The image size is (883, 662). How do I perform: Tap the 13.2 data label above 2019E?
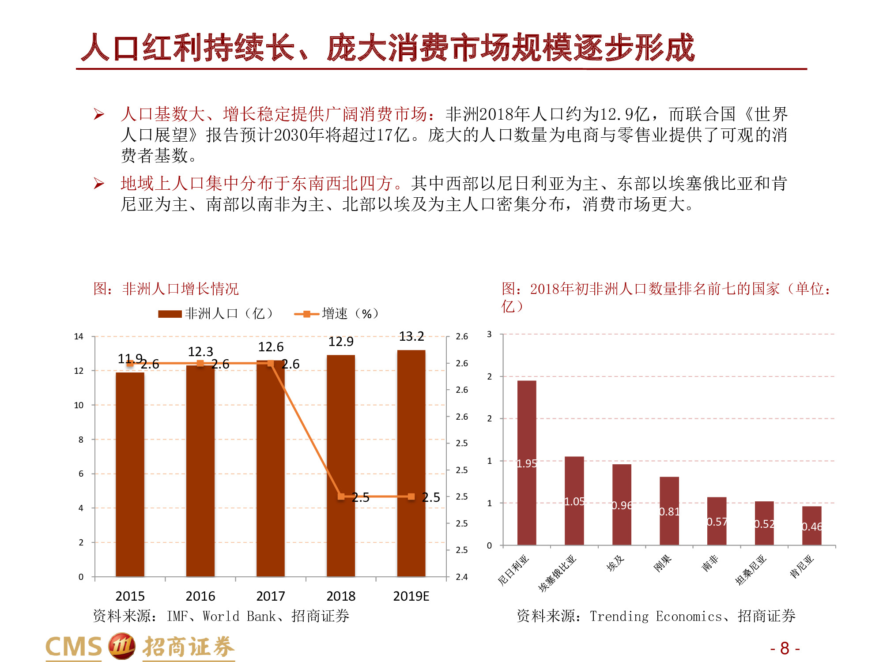[411, 337]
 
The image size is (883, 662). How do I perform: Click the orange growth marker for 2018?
[340, 496]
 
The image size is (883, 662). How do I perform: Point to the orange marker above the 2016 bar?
[200, 363]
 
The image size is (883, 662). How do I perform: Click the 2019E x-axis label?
[411, 596]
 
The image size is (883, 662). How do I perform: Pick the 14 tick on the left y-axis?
[79, 337]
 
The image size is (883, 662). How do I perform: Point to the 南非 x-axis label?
[709, 564]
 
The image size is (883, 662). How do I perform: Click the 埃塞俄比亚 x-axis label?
[558, 573]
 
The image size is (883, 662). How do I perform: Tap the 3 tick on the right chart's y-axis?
[489, 335]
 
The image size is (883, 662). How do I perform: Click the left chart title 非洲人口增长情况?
[180, 289]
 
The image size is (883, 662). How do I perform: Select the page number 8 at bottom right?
[785, 648]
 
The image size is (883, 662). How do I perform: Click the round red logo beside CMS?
[121, 647]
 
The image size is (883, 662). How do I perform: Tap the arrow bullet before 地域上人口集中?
[98, 183]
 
